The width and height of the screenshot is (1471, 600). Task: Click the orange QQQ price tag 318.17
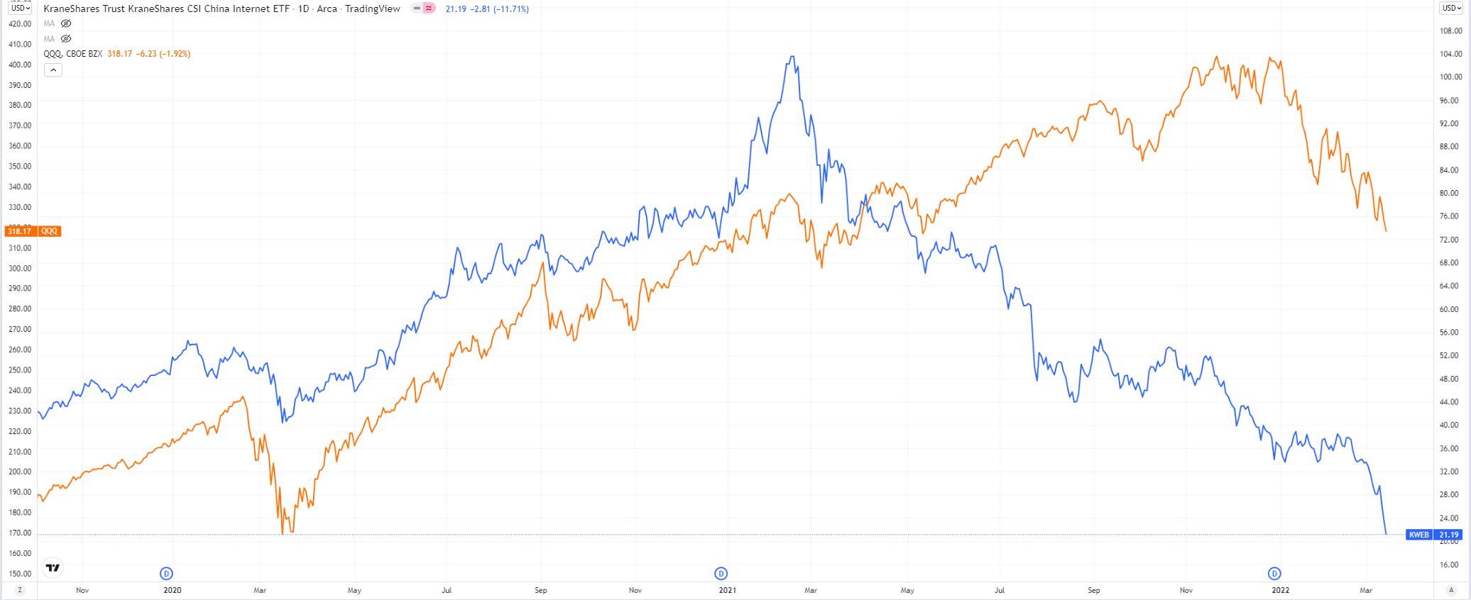[x=19, y=231]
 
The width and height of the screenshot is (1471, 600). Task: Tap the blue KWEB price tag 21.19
[x=1448, y=535]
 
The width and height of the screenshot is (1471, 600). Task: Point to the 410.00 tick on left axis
[x=19, y=44]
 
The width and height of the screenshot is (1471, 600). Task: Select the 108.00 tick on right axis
[x=1450, y=31]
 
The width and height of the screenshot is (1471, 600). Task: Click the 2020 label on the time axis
[x=172, y=590]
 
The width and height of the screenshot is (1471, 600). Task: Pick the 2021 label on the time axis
[x=727, y=590]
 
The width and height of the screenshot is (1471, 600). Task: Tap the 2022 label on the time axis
[x=1280, y=590]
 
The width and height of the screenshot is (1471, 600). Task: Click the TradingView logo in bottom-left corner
[x=53, y=567]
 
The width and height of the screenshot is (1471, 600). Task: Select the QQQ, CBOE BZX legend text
[x=73, y=54]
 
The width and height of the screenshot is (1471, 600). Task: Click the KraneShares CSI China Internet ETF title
[x=222, y=9]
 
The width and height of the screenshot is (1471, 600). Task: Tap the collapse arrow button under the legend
[x=53, y=70]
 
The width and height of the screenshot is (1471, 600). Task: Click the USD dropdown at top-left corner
[x=20, y=9]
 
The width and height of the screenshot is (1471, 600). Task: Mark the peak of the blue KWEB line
[x=792, y=57]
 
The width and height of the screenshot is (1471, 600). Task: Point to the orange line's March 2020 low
[x=283, y=533]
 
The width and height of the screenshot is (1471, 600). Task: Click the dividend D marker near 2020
[x=167, y=573]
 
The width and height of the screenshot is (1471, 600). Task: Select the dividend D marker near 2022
[x=1274, y=573]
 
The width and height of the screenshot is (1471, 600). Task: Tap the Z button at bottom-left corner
[x=20, y=590]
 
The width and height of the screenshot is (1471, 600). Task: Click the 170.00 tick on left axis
[x=19, y=533]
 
